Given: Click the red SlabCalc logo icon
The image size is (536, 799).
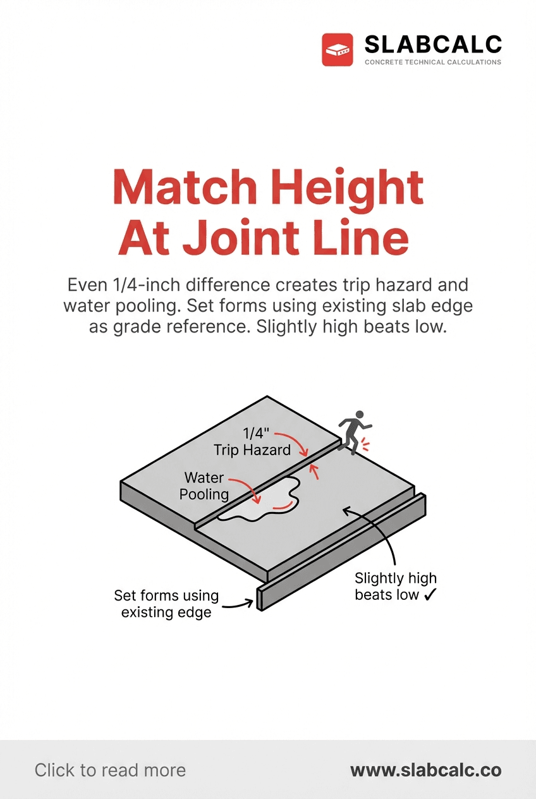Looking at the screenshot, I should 337,50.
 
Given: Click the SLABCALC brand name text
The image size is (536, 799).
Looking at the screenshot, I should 433,44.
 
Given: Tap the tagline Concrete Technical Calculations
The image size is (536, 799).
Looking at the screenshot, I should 433,63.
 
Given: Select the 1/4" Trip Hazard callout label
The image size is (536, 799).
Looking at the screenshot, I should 252,442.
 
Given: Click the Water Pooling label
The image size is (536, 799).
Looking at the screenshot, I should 204,485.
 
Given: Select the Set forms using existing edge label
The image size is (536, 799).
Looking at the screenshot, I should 166,604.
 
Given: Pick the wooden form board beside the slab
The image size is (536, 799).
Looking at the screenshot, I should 341,553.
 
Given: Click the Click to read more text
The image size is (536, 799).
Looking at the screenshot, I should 110,770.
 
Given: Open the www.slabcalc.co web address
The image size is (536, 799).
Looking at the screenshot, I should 425,770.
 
